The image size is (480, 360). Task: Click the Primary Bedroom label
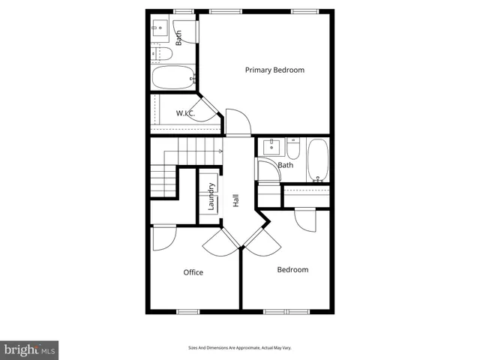tap(274, 70)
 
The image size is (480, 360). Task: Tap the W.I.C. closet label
tap(186, 113)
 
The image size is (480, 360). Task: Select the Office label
tap(193, 272)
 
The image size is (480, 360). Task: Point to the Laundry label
tap(211, 196)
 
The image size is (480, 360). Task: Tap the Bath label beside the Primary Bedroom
tap(178, 37)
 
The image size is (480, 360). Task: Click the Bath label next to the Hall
tap(285, 165)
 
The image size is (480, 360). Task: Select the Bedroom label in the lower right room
tap(292, 270)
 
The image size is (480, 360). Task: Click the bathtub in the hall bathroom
tap(318, 160)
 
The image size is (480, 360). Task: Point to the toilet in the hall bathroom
tap(294, 148)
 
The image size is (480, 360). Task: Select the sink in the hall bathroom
tap(271, 147)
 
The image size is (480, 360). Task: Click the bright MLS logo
tap(30, 349)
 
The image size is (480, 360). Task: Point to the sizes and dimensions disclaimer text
tap(240, 347)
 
